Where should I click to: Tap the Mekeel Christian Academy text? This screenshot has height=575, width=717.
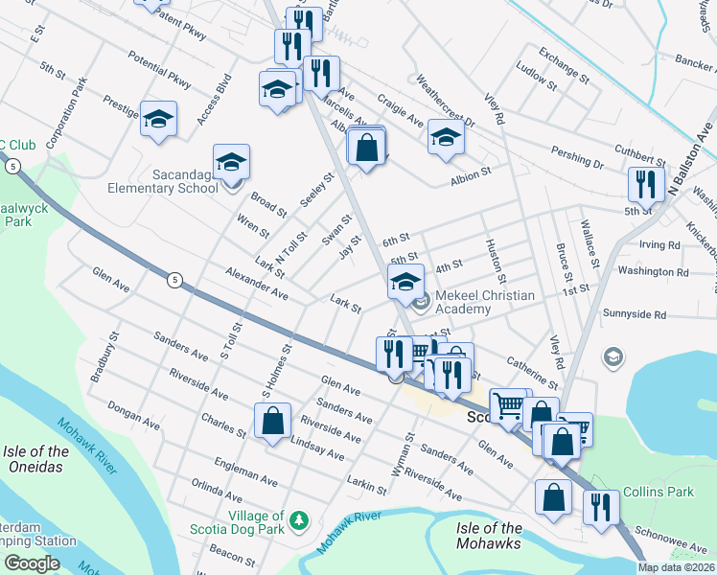[x=485, y=302]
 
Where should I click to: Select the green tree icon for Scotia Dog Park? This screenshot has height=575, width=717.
[x=301, y=520]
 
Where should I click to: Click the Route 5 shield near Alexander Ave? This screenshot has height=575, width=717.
[x=173, y=280]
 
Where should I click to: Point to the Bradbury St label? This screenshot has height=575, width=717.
[x=104, y=357]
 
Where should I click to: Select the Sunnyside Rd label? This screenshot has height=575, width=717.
[x=634, y=314]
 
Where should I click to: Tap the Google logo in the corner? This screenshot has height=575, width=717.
[x=31, y=563]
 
